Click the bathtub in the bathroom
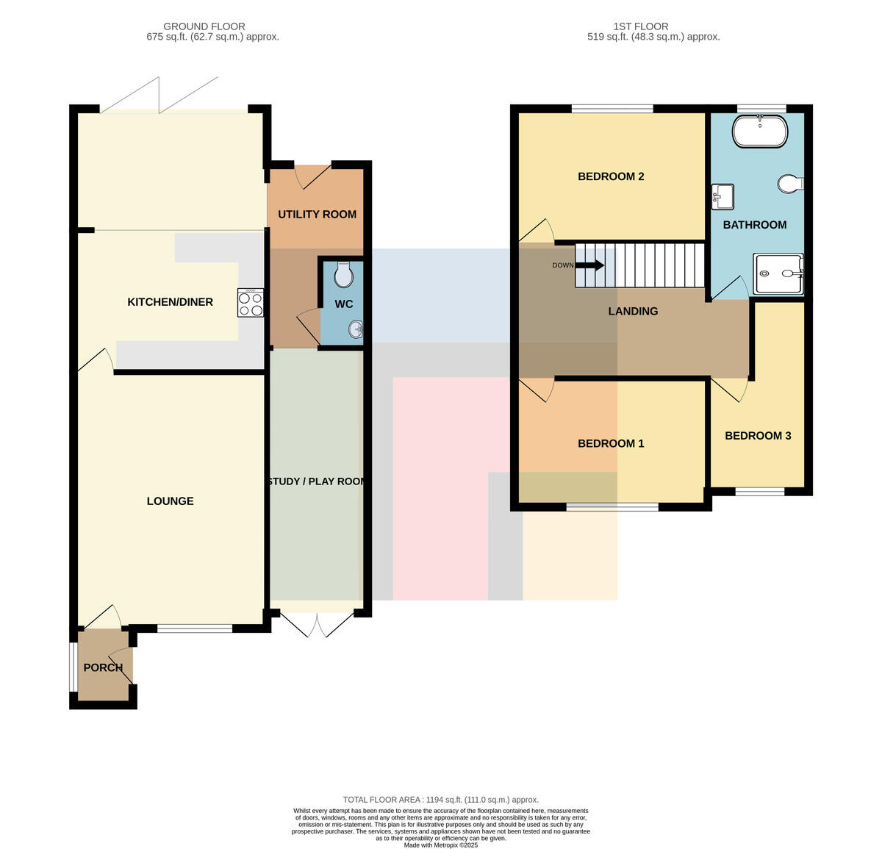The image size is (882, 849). [760, 132]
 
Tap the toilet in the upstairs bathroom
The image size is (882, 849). [790, 184]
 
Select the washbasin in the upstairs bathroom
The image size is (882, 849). [723, 197]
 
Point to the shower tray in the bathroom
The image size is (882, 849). [778, 273]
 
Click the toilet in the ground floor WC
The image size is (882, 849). [344, 274]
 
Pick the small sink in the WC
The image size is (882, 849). [356, 329]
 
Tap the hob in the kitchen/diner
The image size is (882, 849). [250, 303]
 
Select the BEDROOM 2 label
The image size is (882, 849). [611, 176]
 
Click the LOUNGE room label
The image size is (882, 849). [170, 501]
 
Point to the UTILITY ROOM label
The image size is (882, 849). [317, 215]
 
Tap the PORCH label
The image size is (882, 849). [103, 667]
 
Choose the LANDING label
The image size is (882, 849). [633, 311]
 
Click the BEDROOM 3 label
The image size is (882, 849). [758, 436]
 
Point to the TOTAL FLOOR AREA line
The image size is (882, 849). [440, 800]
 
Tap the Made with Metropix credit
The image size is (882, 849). [440, 845]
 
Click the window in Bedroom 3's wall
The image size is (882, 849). [760, 491]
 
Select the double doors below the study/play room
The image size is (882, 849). [317, 625]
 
